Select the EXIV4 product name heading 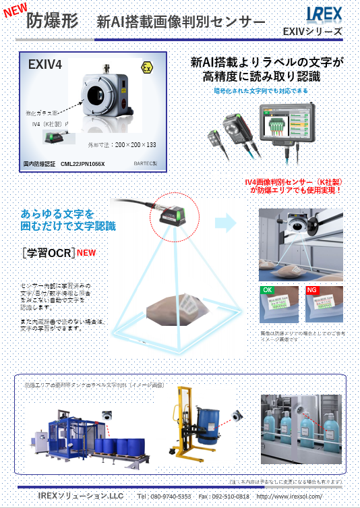tap(45, 65)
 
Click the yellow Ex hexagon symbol tap(147, 67)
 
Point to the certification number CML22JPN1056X tap(83, 163)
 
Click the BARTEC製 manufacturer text tap(144, 163)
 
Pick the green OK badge tap(268, 290)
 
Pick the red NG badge tap(312, 290)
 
